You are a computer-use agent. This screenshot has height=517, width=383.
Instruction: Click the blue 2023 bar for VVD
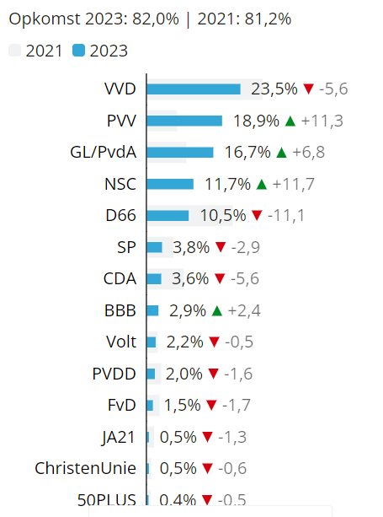pos(194,89)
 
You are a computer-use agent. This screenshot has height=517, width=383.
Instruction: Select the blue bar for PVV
pos(184,121)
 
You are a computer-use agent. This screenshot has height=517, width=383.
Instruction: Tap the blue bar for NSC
pos(170,184)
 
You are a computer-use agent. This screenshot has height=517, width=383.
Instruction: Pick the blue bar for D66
pos(168,216)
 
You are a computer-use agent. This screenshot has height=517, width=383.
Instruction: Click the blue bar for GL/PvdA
pos(180,153)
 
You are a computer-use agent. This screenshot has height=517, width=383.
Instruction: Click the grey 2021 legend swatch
pos(15,51)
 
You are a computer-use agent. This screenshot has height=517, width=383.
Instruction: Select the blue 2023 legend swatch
pos(78,51)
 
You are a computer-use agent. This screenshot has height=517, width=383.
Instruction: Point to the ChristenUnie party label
pos(85,468)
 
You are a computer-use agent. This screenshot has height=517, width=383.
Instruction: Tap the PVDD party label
pos(114,374)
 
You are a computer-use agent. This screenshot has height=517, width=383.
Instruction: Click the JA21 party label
pos(118,437)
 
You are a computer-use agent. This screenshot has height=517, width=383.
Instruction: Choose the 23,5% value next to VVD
pos(274,89)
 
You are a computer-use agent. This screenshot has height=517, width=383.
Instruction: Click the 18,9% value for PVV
pos(256,121)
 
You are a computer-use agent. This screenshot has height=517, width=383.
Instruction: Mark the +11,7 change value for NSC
pos(294,184)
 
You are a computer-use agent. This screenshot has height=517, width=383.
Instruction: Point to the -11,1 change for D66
pos(286,216)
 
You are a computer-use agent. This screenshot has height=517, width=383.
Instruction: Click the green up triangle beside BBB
pos(217,310)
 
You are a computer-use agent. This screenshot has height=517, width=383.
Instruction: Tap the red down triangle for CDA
pos(220,279)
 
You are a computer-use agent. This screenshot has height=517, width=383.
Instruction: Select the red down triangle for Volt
pos(214,342)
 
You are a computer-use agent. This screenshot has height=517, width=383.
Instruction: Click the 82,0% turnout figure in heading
pos(156,19)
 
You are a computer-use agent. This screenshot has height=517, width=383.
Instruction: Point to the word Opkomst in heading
pos(45,19)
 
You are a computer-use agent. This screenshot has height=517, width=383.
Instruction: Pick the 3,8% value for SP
pos(191,247)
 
